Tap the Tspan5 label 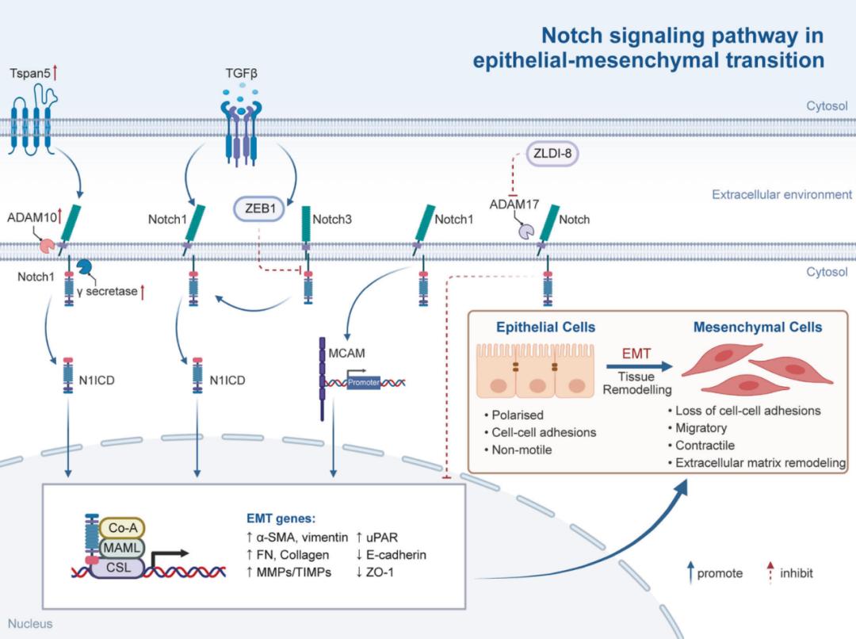pos(30,75)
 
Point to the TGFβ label pos(242,75)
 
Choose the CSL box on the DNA pos(119,568)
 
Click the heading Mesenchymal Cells pos(757,327)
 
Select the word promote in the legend pos(720,572)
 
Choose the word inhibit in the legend pos(796,572)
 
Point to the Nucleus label pos(30,623)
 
